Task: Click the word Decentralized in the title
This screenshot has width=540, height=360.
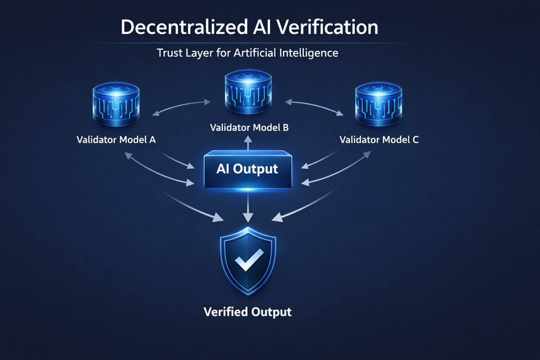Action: [177, 27]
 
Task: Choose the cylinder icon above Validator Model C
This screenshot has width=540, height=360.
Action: [378, 106]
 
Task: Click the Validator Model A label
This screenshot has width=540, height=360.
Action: [116, 140]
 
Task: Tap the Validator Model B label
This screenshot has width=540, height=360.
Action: [249, 128]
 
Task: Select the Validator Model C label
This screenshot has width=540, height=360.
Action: [380, 140]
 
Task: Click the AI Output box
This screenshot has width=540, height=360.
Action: [247, 170]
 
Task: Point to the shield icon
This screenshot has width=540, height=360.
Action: [248, 262]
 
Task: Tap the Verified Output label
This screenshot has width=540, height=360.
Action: [248, 312]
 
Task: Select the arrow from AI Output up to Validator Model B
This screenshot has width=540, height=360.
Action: [248, 145]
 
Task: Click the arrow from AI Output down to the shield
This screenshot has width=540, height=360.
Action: [248, 207]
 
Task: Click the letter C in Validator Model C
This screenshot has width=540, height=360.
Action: [415, 140]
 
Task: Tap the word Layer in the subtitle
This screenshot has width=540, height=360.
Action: [205, 53]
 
